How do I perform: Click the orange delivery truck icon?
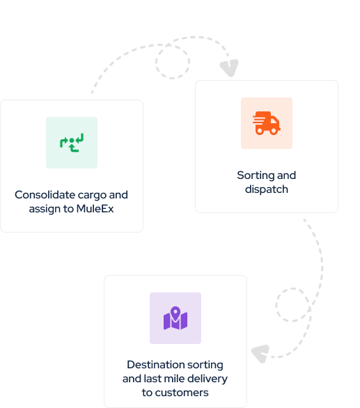tap(266, 123)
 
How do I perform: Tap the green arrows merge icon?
tap(72, 143)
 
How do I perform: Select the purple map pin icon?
tap(175, 318)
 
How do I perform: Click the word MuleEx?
tap(95, 209)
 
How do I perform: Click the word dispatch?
tap(267, 189)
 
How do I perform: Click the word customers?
tap(182, 393)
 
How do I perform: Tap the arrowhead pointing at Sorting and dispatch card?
tap(230, 68)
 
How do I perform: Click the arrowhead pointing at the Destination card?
tap(260, 354)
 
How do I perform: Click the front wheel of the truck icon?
tap(274, 131)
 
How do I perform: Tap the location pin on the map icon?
tap(175, 314)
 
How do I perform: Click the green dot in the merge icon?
tap(72, 141)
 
